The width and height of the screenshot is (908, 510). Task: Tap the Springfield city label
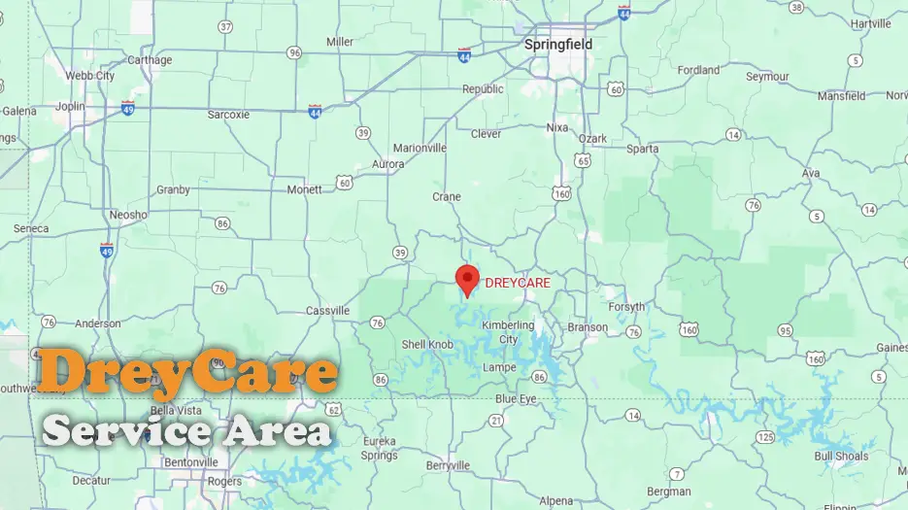coord(557,45)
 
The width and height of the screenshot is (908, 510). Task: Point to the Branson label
coord(587,327)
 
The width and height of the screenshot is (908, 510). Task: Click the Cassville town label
coord(327,311)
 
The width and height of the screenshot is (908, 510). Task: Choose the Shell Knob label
coord(427,345)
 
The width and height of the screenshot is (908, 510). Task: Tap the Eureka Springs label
coord(379,448)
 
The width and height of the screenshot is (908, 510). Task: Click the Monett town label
coord(304,189)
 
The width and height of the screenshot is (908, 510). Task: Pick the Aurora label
coord(388,165)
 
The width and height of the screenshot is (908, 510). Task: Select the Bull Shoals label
coord(841,456)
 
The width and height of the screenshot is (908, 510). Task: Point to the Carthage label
coord(150,60)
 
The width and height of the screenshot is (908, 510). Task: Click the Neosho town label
coord(128,215)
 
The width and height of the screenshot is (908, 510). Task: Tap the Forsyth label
coord(626,307)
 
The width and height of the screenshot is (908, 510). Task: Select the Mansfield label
coord(841,96)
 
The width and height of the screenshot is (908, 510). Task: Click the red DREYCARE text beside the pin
coord(518,283)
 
